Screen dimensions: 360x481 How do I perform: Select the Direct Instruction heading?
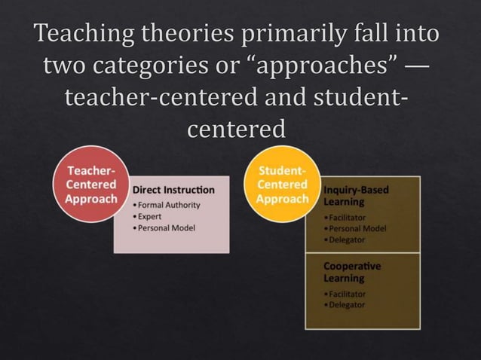[x=173, y=189]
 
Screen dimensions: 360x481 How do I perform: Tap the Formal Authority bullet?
[x=164, y=204]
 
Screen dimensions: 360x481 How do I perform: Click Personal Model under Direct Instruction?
[x=164, y=227]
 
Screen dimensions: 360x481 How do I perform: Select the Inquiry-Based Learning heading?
[x=356, y=196]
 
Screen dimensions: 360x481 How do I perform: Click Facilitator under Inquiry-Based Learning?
[x=345, y=217]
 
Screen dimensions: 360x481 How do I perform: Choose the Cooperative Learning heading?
[x=352, y=272]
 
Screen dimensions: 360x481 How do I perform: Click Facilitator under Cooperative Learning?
[x=345, y=294]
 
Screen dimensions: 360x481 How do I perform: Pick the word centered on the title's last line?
[x=235, y=130]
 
